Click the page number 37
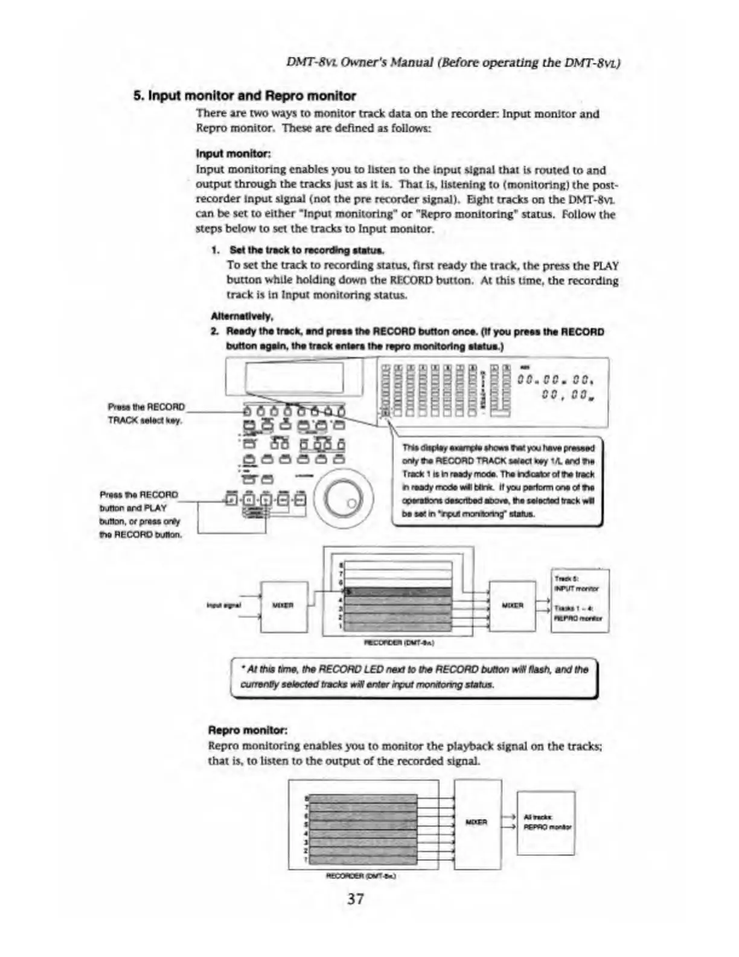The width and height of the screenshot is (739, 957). pos(356,898)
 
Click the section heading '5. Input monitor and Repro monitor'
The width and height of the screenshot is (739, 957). pos(245,95)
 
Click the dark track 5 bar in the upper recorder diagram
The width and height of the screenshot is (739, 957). pos(398,591)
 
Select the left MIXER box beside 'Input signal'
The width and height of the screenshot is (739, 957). pos(283,605)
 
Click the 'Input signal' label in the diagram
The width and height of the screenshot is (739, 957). pos(224,605)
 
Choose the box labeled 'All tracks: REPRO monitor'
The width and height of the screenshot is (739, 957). pos(546,823)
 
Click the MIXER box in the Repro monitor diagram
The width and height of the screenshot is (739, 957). pos(477,823)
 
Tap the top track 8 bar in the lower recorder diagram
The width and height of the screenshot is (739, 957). pos(363,799)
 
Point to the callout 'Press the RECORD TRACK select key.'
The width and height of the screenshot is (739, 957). pos(146,413)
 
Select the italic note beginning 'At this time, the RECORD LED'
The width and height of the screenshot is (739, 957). pos(414,677)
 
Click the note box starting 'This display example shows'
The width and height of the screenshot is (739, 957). pos(497,481)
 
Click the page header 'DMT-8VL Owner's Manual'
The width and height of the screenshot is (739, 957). pos(453,62)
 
